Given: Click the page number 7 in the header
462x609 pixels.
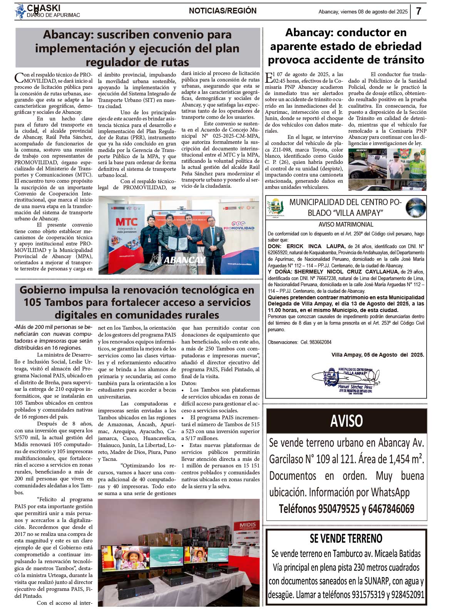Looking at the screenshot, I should coord(418,11).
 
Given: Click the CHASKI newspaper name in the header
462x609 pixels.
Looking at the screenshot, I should coord(44,8).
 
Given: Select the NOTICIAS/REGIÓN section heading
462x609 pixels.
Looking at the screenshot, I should coord(223,11).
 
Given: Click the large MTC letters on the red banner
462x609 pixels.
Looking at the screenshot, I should coord(126,222).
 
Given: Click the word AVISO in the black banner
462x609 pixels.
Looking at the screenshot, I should coord(346,421).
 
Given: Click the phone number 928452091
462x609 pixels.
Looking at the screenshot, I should coord(407,594).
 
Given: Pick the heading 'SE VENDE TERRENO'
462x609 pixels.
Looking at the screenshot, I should coord(346,538).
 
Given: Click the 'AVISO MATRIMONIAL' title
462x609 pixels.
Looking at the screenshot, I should coord(346,224).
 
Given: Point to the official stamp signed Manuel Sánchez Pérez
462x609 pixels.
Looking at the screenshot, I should coord(346,381).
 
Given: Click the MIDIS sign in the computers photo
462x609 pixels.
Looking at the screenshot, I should coord(247,526).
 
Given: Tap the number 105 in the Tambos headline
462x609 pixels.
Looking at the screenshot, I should coord(32,302).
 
